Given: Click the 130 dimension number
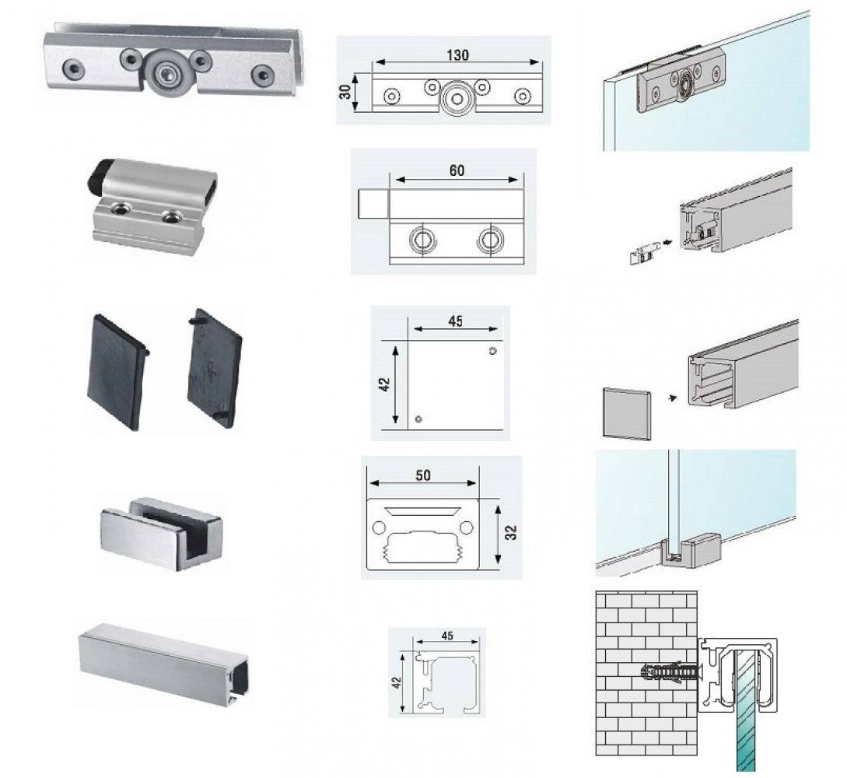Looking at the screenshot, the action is point(457,55).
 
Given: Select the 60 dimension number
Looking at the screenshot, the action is point(457,170).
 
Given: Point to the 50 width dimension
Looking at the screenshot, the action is point(423,475).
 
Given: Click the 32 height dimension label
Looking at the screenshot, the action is point(512,532).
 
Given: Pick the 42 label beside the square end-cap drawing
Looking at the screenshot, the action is point(384,384).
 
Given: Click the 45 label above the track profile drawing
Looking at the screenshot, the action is point(446,636).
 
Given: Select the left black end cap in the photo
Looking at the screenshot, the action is point(116,371).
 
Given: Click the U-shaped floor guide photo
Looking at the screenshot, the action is point(161,532).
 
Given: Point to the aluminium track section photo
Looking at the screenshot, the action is point(163,666).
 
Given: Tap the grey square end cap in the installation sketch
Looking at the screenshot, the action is point(627,413).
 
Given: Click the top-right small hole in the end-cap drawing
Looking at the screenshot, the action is point(492,351).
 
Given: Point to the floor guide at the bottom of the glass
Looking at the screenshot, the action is point(691,550).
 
